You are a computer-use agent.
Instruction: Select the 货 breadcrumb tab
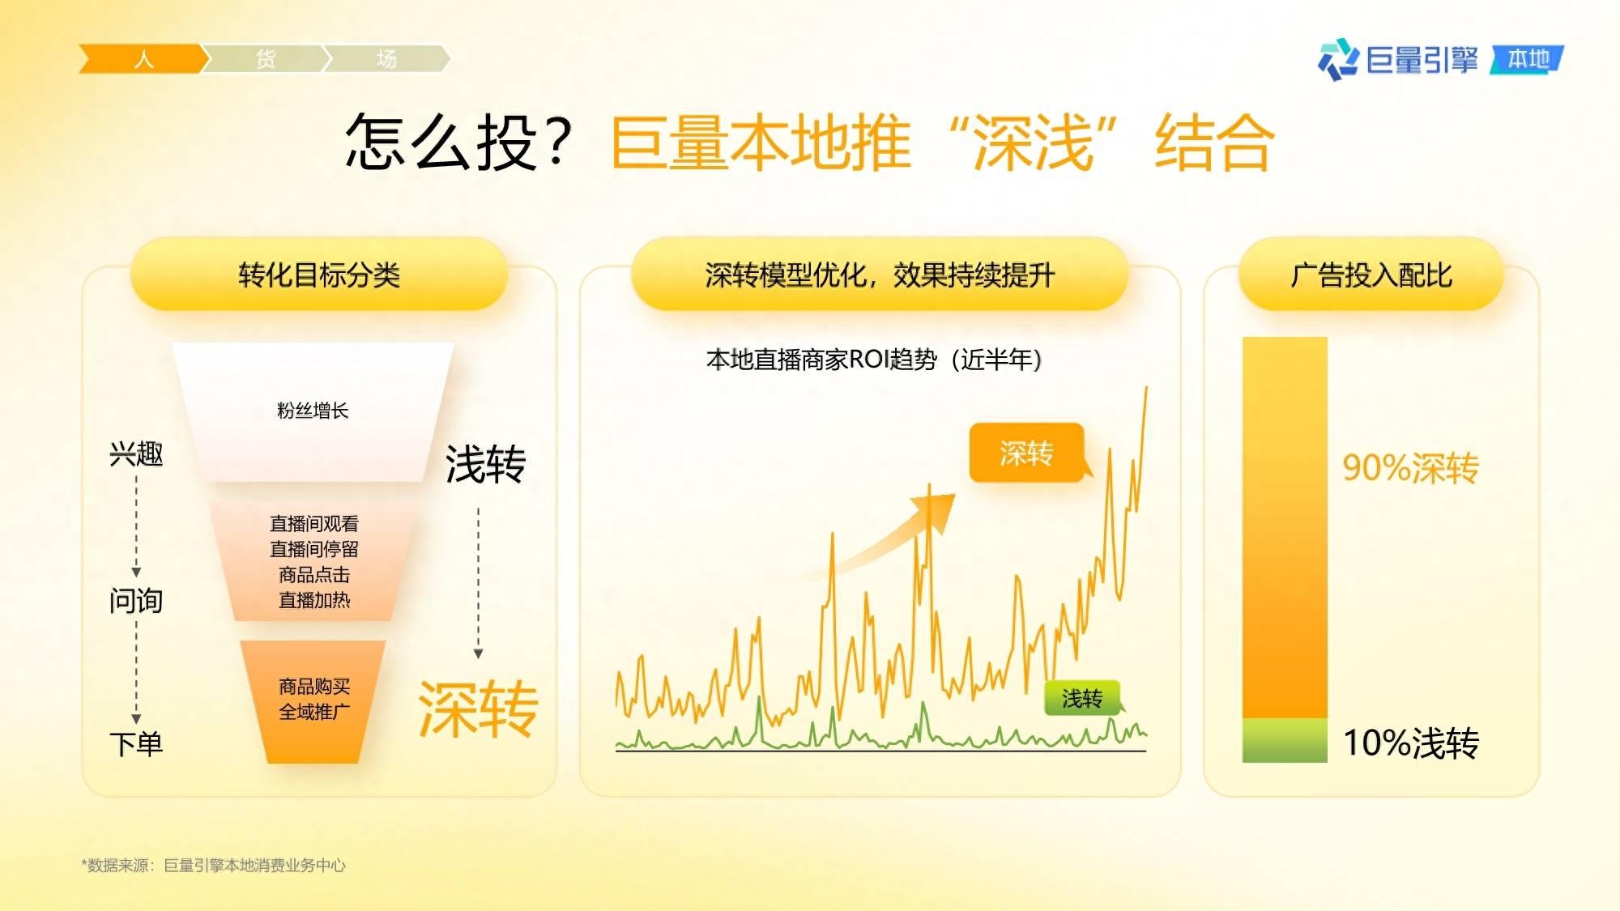266,59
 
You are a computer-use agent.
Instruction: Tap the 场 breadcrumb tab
386,59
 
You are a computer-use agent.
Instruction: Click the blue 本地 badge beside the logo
1528,59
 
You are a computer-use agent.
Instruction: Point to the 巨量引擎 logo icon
1338,59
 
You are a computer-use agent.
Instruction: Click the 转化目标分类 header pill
319,275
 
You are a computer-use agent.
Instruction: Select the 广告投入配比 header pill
1371,275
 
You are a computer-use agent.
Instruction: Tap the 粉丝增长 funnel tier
313,412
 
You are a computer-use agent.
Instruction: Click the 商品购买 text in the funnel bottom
314,687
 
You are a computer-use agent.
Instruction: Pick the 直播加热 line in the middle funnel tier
314,600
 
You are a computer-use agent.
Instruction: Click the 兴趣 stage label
136,454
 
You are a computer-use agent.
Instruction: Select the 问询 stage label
136,601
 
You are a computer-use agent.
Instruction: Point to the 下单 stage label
136,743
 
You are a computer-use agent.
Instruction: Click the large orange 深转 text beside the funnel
478,709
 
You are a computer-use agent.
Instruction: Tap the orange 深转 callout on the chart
1027,453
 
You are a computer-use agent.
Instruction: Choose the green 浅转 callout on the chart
1082,698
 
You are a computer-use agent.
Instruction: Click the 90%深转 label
1410,468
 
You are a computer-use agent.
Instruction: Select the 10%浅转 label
1411,743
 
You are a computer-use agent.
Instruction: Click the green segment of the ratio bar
1285,740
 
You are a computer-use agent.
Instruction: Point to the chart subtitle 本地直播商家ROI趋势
821,359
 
